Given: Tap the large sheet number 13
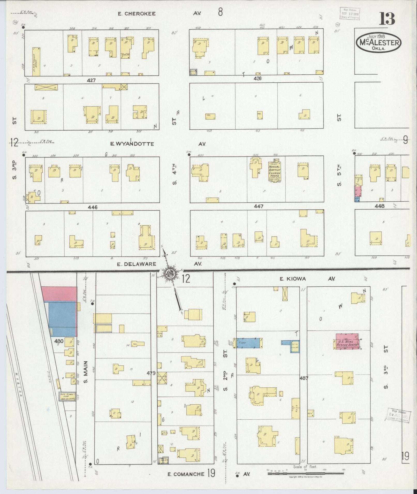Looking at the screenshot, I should [x=387, y=19].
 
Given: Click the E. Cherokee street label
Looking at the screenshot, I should [x=137, y=14].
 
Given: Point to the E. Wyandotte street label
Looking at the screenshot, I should [x=132, y=144].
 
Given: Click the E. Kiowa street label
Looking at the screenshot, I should [x=293, y=279].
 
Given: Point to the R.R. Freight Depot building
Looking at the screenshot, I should [x=36, y=62].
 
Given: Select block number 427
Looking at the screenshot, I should [x=91, y=80].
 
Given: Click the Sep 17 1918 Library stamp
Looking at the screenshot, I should [x=350, y=13].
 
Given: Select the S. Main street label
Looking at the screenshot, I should [x=86, y=372].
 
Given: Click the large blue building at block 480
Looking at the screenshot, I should [x=62, y=319].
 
